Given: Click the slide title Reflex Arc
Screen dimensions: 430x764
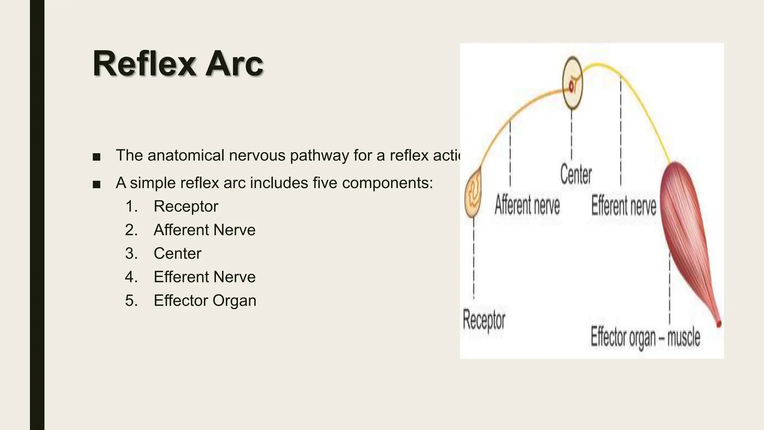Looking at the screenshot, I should pyautogui.click(x=178, y=64).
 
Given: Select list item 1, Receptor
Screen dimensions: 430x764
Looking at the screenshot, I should pyautogui.click(x=186, y=206).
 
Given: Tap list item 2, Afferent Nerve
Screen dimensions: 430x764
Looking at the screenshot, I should pyautogui.click(x=204, y=230).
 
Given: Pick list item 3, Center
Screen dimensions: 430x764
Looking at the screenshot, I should pyautogui.click(x=178, y=253).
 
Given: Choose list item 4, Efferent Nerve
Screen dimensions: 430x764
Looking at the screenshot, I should pyautogui.click(x=204, y=277).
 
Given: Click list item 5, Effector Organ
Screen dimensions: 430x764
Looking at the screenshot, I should pyautogui.click(x=205, y=300).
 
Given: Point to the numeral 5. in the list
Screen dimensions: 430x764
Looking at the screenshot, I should pyautogui.click(x=131, y=300).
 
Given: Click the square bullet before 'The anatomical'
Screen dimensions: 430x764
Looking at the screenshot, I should pyautogui.click(x=96, y=157).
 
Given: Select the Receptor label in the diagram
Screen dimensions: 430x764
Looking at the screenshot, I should pyautogui.click(x=484, y=320).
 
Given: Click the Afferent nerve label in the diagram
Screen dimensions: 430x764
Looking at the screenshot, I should pyautogui.click(x=527, y=205).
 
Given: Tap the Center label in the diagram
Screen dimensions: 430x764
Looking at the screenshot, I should pyautogui.click(x=576, y=174).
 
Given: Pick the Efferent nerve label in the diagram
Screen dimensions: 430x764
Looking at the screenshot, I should pyautogui.click(x=624, y=206).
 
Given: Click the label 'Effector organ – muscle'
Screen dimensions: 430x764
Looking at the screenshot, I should pyautogui.click(x=645, y=337).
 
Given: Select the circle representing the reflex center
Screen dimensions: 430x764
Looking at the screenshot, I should pyautogui.click(x=572, y=82).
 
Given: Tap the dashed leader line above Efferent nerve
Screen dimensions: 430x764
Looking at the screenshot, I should pyautogui.click(x=621, y=131).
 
